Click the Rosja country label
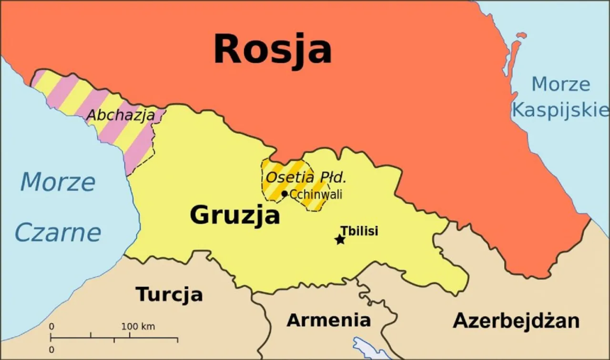(272, 50)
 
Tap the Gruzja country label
(234, 215)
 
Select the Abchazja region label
(121, 115)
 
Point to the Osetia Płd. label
(305, 178)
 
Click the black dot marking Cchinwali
(285, 194)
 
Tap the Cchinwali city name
(316, 194)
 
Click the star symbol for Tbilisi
(340, 240)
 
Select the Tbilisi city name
(359, 231)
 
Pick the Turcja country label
(169, 294)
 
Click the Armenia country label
(328, 320)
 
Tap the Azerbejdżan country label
(516, 321)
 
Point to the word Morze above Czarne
(58, 182)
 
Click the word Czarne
(58, 233)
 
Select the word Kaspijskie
(560, 110)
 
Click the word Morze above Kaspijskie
(560, 84)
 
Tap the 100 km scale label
(138, 327)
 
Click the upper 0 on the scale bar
(51, 327)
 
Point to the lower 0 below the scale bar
(51, 350)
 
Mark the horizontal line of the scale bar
(114, 339)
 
